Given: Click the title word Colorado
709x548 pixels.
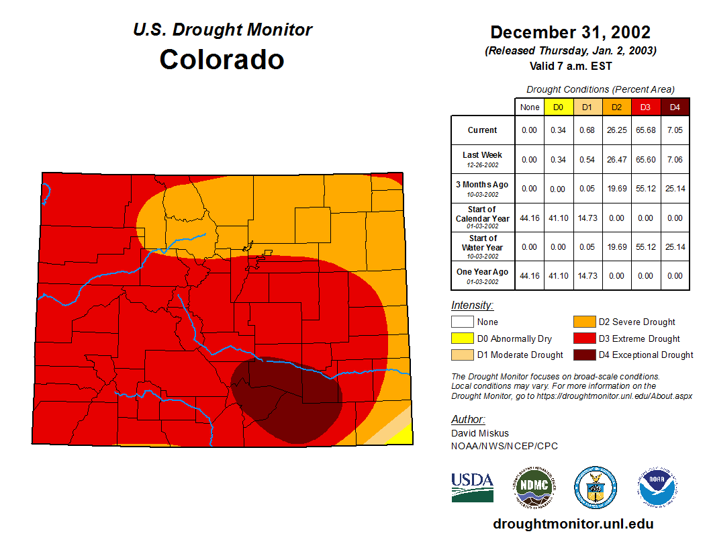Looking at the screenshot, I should pos(222,59).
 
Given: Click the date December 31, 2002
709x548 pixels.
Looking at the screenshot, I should pos(570,32).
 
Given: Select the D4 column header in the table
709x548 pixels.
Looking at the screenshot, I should pos(675,107).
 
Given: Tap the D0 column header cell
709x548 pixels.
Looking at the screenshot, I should pos(558,107).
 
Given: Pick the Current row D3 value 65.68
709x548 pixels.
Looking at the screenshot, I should pos(645,130).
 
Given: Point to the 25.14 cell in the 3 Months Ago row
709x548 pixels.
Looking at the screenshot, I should pos(675,189).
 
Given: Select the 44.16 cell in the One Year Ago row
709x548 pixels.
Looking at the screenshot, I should pos(530,276).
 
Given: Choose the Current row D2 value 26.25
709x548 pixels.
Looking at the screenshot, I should pos(616,130).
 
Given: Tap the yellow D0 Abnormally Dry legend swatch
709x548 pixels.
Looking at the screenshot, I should pos(463,338).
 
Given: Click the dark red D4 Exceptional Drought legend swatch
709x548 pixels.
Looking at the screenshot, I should pos(583,355).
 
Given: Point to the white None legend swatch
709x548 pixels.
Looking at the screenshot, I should pos(463,322).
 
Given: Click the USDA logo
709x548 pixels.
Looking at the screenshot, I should pos(472,487).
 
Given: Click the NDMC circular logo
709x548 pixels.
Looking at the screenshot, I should pos(534,487).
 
